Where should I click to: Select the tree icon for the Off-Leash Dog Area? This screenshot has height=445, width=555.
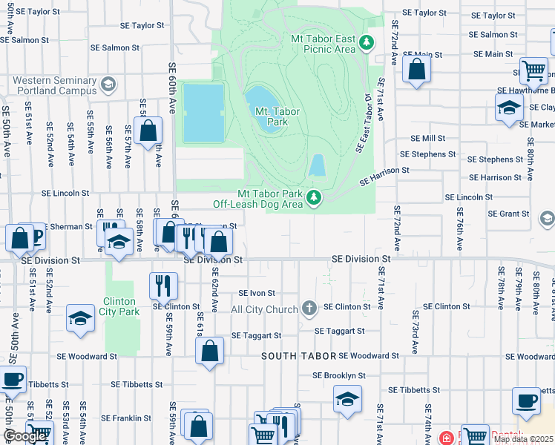click(314, 197)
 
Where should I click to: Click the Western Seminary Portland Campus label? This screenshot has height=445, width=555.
click(54, 85)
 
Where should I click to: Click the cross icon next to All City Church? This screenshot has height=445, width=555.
click(309, 308)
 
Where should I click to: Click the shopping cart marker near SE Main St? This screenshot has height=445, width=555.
click(533, 71)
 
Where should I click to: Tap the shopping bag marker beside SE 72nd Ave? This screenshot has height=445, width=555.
click(417, 70)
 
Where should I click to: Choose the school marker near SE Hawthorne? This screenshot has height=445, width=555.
click(509, 108)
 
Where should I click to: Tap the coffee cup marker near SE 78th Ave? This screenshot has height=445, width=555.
click(526, 400)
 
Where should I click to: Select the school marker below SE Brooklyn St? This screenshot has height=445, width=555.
click(347, 399)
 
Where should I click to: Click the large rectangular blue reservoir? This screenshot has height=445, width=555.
click(203, 113)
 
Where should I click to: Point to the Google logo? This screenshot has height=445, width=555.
click(24, 437)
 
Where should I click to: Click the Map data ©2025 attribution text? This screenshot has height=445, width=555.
click(523, 439)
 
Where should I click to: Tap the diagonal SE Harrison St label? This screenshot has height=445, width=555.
click(384, 176)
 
